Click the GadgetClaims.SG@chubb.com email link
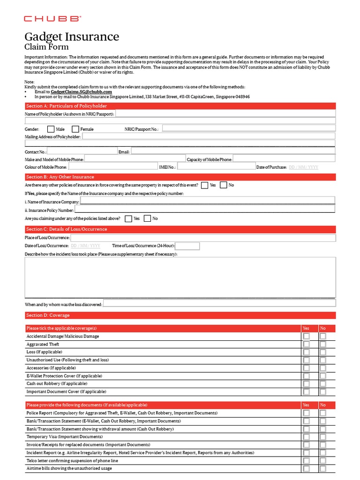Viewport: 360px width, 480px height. (81, 92)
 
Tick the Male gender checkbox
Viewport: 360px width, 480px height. (51, 129)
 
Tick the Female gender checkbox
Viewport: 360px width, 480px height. (75, 129)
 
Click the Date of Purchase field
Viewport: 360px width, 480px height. (304, 167)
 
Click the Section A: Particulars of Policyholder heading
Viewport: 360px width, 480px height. (67, 106)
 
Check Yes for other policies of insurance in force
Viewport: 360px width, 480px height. (205, 185)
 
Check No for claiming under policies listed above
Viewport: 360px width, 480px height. (148, 218)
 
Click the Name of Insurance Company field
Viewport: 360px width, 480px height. (208, 201)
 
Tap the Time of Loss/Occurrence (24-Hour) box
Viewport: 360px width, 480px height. (187, 246)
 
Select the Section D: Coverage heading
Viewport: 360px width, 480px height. (48, 315)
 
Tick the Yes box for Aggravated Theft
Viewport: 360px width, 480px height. (307, 345)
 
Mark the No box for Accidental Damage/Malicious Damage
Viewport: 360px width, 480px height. (323, 337)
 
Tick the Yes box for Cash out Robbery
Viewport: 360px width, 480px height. (307, 384)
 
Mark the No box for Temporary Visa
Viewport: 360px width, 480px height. (323, 437)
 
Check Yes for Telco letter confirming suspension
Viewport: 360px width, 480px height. (307, 461)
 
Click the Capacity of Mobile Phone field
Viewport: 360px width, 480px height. (284, 159)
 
